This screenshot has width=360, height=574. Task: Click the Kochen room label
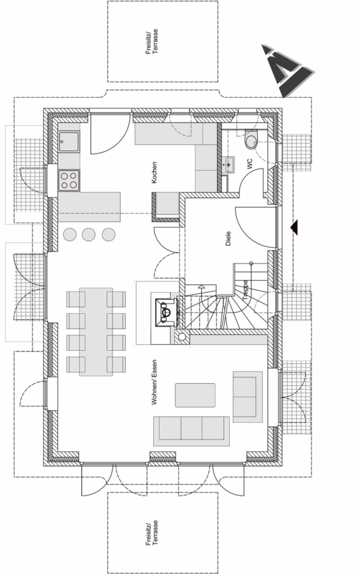point(154,172)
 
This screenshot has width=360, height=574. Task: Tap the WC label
point(250,163)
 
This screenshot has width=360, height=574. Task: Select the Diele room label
point(228,238)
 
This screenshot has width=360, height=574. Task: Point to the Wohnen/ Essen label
point(154,382)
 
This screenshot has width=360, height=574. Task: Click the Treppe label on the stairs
point(245,291)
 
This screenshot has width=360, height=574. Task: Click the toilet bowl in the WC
point(251,140)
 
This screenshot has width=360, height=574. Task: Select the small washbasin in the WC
point(228,165)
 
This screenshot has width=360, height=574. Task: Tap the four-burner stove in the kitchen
point(69,180)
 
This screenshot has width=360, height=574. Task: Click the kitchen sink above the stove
point(69,142)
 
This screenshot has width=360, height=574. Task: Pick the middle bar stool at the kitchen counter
point(89,234)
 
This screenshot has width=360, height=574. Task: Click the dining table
point(96,332)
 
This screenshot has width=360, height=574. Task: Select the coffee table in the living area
point(195,395)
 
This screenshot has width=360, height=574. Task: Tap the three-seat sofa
point(191,431)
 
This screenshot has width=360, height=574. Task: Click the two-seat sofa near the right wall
point(248,397)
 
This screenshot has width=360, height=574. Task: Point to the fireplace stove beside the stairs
point(167,313)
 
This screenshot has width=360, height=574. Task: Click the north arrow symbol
point(288,70)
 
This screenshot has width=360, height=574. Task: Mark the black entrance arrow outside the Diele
point(294,227)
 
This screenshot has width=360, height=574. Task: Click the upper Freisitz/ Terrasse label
point(152,41)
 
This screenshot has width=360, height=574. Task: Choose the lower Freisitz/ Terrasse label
point(152,533)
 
